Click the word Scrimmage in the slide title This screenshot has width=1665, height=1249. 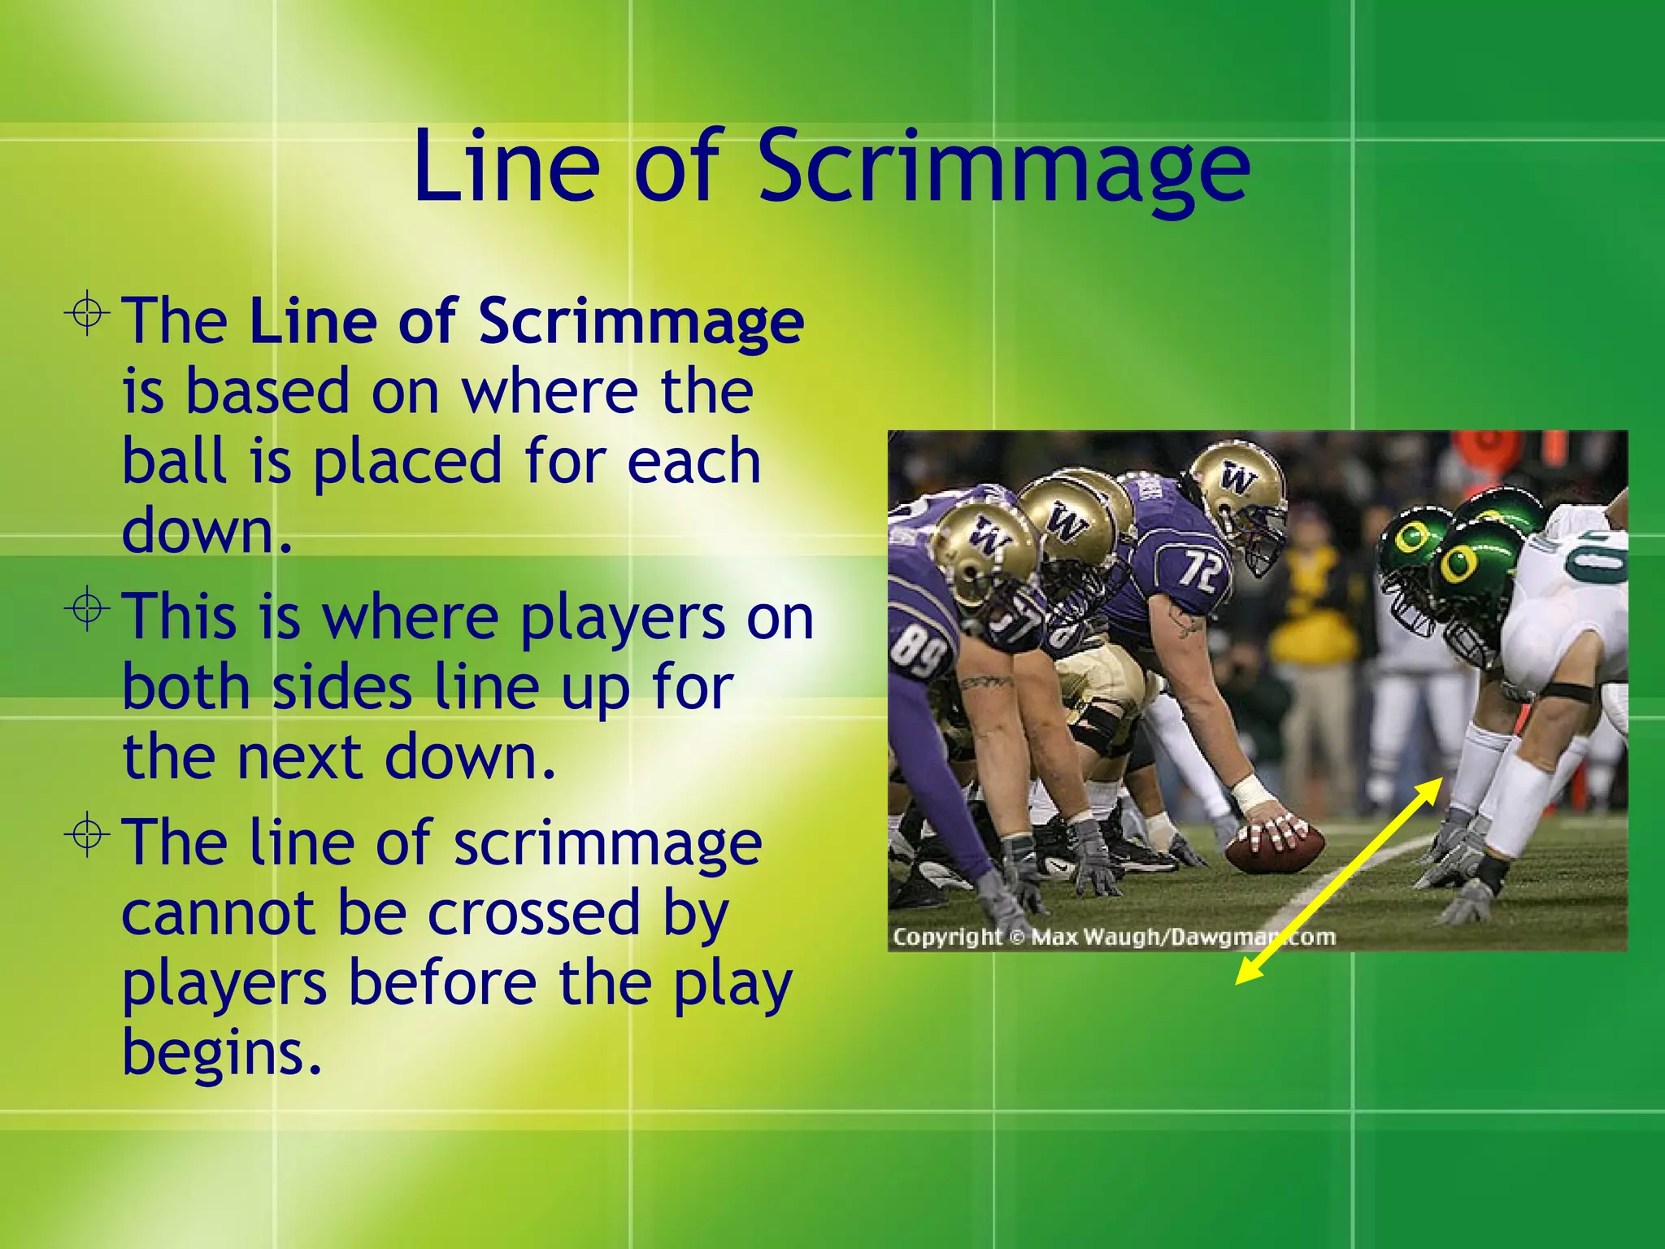click(x=1003, y=168)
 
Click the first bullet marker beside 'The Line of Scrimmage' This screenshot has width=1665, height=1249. click(x=87, y=312)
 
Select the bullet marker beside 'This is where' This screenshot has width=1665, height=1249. click(x=87, y=609)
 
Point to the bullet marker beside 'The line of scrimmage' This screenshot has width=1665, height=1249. click(x=87, y=834)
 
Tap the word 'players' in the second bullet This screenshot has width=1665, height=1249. click(x=622, y=618)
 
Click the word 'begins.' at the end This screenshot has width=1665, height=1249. click(x=221, y=1053)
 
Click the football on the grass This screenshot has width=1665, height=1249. click(x=1273, y=849)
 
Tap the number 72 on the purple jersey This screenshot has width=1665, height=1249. click(x=1202, y=570)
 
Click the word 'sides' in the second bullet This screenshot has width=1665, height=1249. click(x=341, y=687)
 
